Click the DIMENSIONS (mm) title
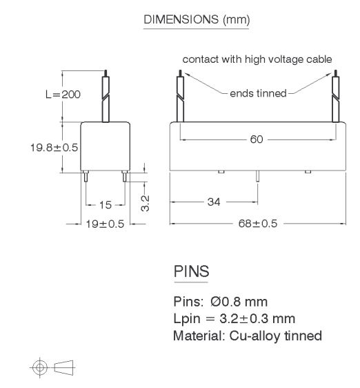coord(197,19)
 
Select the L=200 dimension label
coord(63,95)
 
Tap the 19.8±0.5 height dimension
coord(54,148)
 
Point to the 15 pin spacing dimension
coord(106,205)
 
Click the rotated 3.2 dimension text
coord(145,203)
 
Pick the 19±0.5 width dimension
coord(105,224)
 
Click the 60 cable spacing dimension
coord(257,139)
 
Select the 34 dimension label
coord(214,202)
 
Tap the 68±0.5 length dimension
coord(258,224)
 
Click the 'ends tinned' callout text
coord(258,93)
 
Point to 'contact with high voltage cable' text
coord(257,59)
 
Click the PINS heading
coord(191,271)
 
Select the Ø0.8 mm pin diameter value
coord(239,302)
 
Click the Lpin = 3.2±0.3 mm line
coord(234,318)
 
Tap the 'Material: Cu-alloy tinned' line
coord(248,336)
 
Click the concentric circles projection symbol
coord(39,367)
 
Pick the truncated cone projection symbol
coord(63,367)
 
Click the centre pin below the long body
coord(257,176)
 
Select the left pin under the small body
coord(86,176)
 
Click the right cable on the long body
coord(336,96)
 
